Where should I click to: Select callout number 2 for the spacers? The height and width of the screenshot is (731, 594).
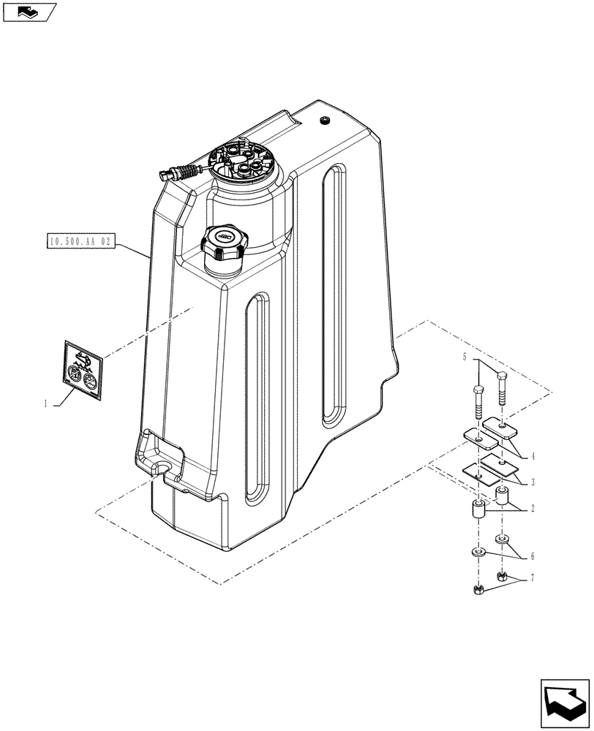pyautogui.click(x=533, y=508)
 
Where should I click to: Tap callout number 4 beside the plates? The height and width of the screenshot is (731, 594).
pyautogui.click(x=533, y=456)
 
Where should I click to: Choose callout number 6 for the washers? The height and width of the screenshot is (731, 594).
pyautogui.click(x=533, y=556)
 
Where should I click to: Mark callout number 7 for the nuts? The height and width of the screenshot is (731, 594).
pyautogui.click(x=533, y=578)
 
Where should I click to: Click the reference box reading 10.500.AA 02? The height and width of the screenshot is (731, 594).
pyautogui.click(x=80, y=240)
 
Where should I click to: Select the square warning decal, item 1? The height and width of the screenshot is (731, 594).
pyautogui.click(x=82, y=371)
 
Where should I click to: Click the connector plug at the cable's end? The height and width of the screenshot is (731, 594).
pyautogui.click(x=163, y=174)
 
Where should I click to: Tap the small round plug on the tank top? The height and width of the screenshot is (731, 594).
pyautogui.click(x=325, y=120)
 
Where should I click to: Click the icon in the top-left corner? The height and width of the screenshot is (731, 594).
pyautogui.click(x=29, y=12)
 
